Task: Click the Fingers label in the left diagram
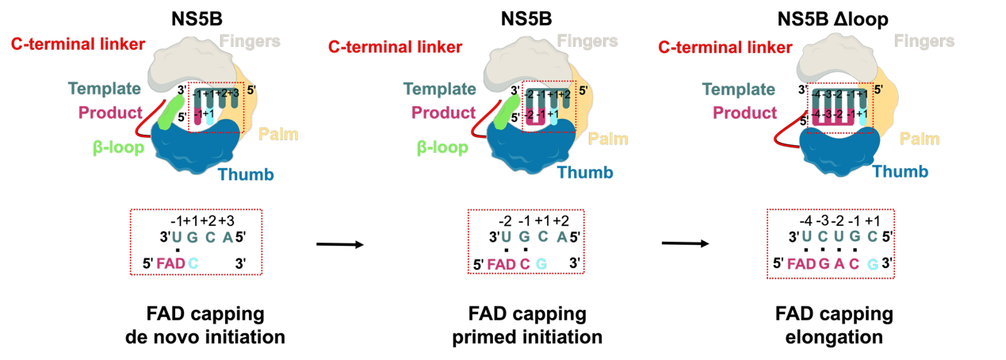250,40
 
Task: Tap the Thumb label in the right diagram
900,171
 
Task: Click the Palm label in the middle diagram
607,139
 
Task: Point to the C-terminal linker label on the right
725,48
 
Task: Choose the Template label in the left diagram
104,89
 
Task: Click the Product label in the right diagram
744,113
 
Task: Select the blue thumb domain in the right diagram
832,147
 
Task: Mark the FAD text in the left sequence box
170,263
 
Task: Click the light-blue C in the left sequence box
193,263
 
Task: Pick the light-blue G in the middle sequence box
541,264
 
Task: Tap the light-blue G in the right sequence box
872,264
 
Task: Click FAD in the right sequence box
801,264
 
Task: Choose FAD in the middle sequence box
501,264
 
